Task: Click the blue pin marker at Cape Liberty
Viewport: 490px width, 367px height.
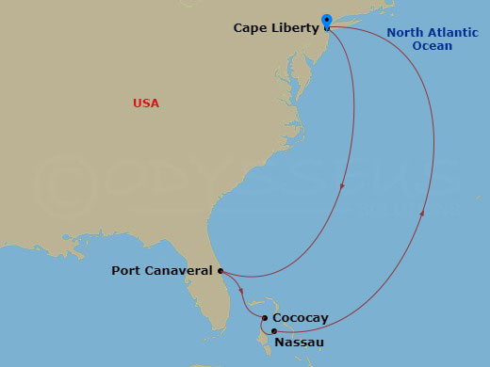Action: pos(326,20)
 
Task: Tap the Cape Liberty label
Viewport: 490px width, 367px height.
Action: pos(276,29)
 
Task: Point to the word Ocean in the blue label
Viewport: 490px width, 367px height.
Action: pos(432,45)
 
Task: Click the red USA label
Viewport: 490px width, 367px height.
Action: pos(146,103)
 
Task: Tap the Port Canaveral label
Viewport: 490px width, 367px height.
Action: pos(162,271)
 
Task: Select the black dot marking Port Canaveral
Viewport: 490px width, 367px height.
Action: pos(220,271)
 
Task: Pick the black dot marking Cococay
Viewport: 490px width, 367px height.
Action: pos(266,318)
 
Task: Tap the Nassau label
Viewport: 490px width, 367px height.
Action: pos(299,343)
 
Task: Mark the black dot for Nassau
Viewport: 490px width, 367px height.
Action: pos(273,331)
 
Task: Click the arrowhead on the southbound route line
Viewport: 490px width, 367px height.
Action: pos(341,184)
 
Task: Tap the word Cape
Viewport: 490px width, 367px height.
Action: pos(250,29)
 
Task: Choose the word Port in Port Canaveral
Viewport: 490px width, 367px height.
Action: pos(125,271)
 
